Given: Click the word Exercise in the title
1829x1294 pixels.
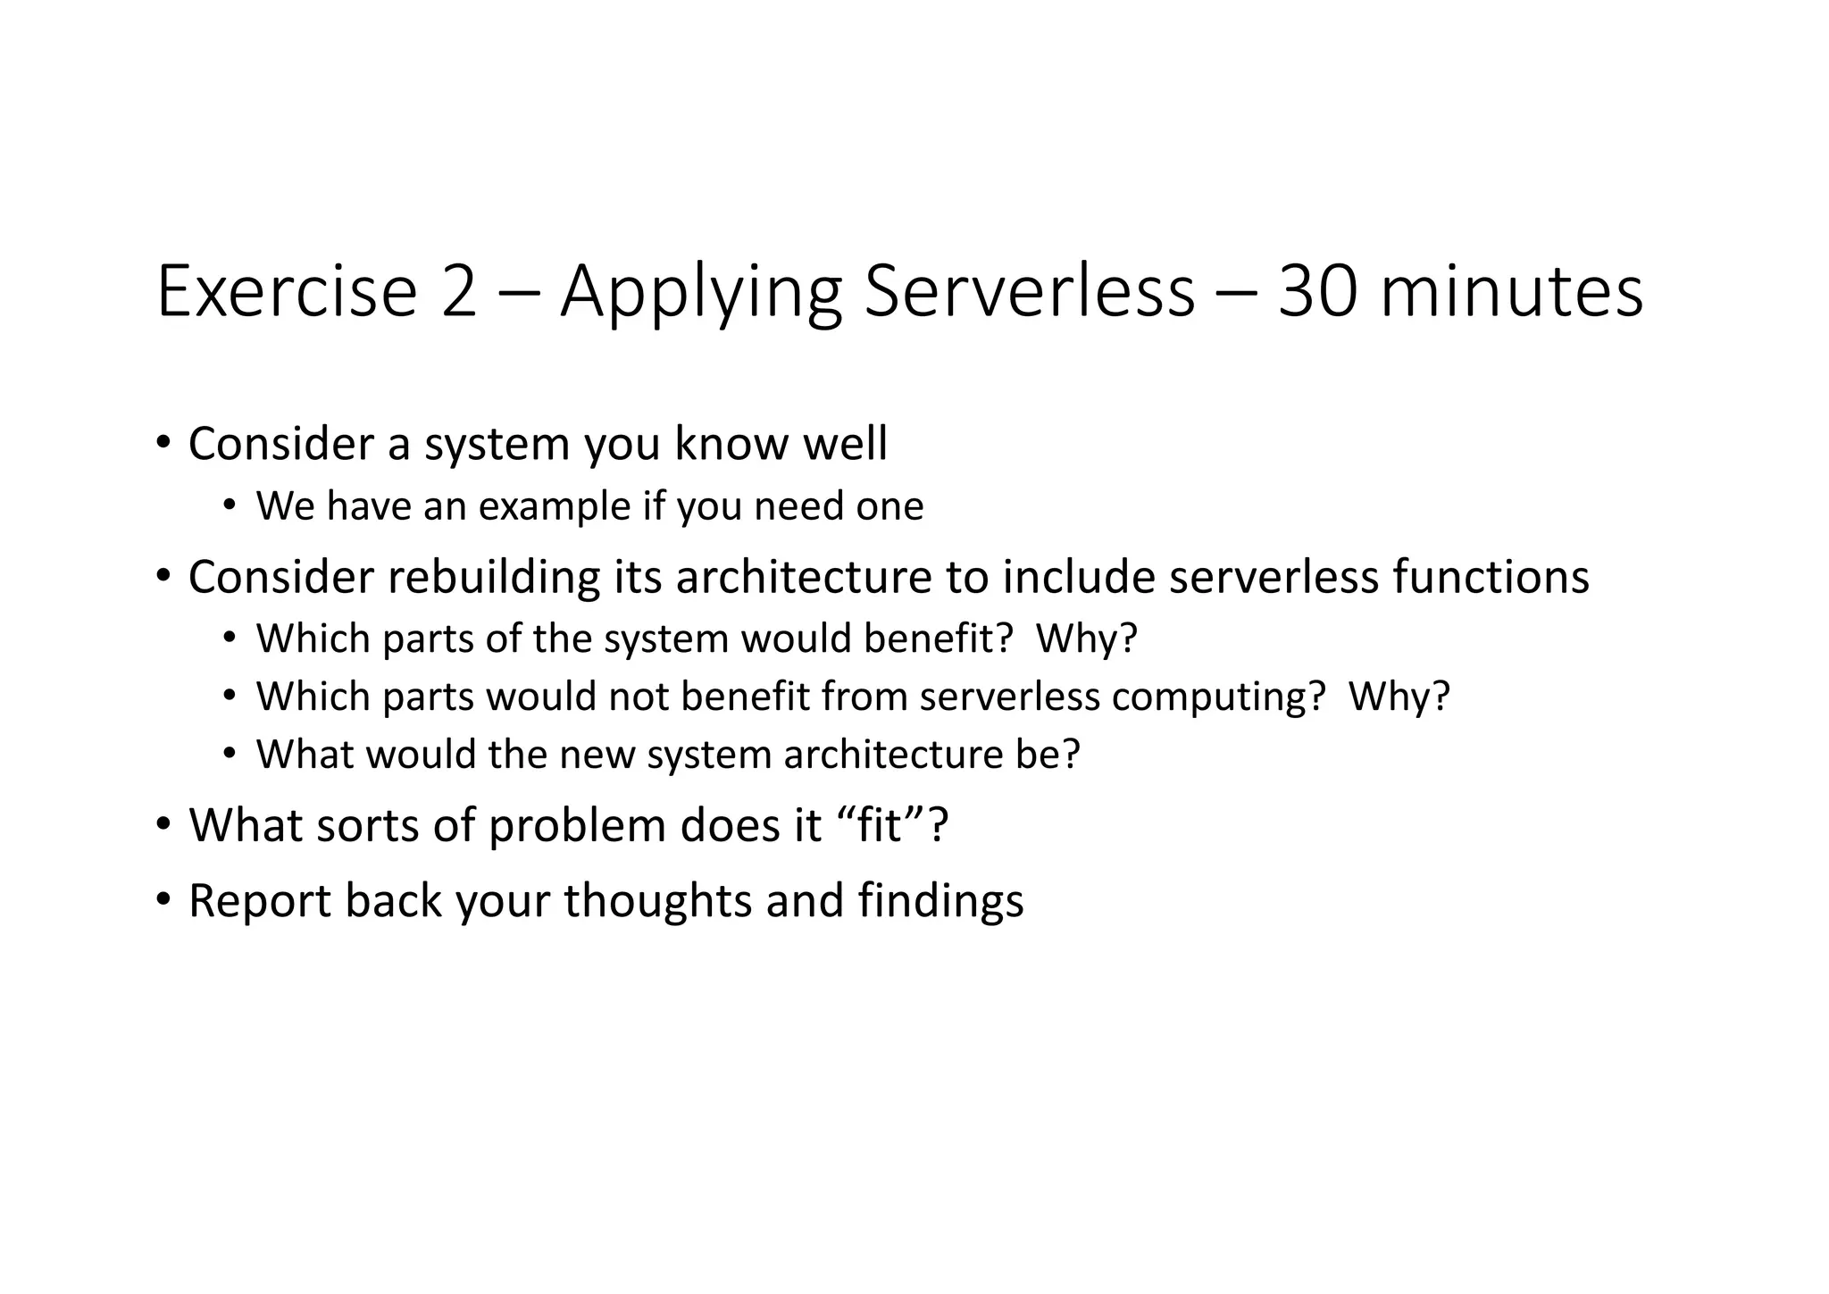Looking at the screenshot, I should [287, 292].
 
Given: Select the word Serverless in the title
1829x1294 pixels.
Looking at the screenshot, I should [1028, 292].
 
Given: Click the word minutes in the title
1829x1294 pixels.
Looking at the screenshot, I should [1510, 292].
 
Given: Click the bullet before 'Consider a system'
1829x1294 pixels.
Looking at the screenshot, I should [163, 442].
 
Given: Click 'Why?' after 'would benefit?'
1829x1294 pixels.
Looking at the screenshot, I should [1086, 639].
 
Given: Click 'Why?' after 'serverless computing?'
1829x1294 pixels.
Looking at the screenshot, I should [1399, 697].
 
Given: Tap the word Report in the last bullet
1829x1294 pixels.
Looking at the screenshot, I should [260, 901].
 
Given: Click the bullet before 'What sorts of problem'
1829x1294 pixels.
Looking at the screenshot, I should [163, 823].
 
